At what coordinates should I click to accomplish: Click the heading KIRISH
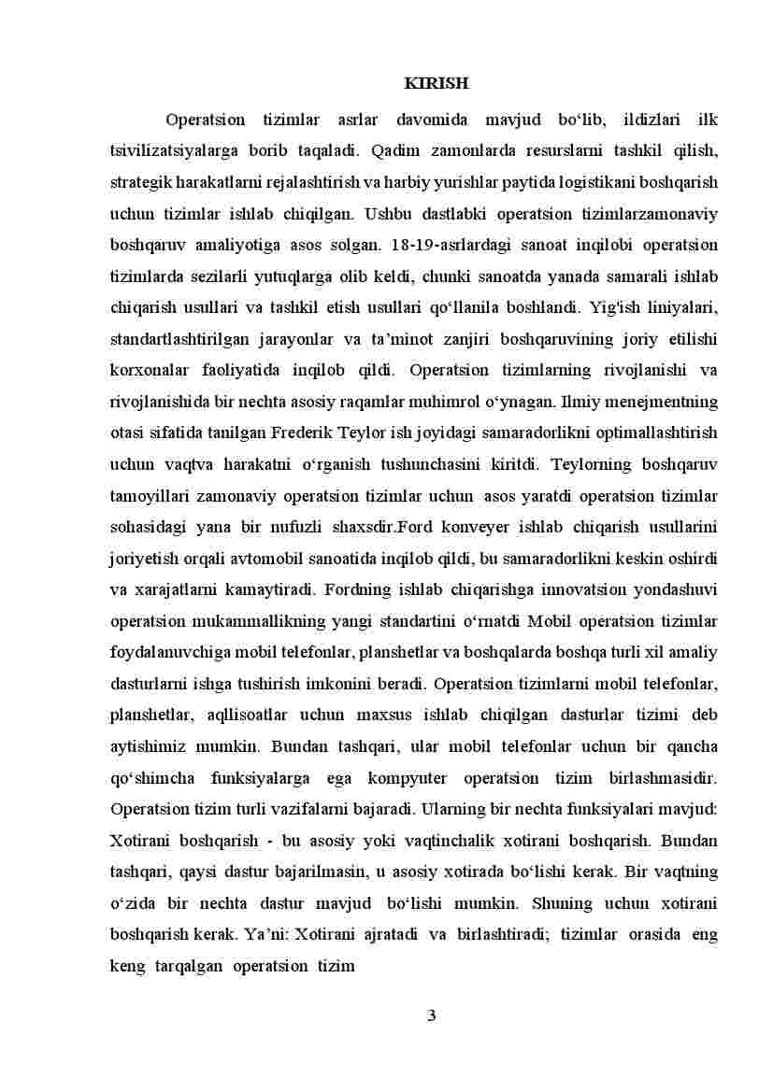pos(436,84)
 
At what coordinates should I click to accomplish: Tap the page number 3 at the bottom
pos(431,1016)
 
